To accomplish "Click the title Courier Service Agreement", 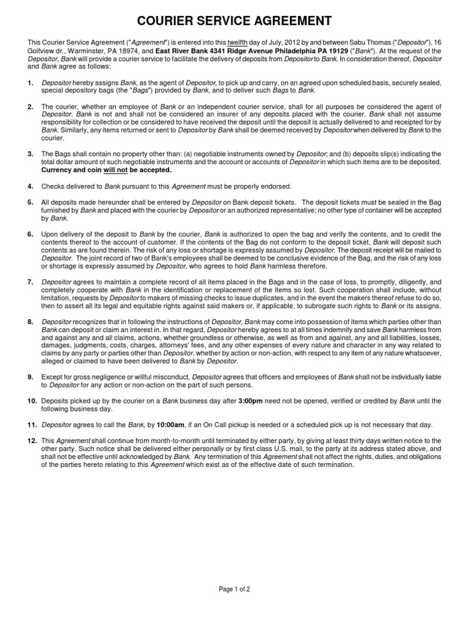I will pos(234,21).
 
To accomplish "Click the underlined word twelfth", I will pos(238,42).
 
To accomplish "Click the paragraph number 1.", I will pos(30,82).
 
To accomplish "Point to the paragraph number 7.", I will pos(30,282).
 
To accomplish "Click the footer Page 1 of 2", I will pos(234,589).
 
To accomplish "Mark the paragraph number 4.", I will pos(30,186).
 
